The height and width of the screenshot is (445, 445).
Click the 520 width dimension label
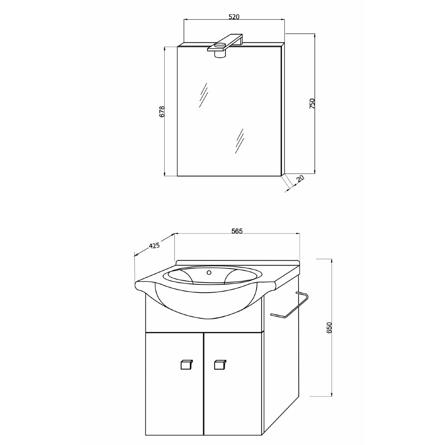pyautogui.click(x=234, y=17)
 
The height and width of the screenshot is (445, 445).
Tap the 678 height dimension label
pyautogui.click(x=162, y=112)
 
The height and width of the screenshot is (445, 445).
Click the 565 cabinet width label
pyautogui.click(x=237, y=231)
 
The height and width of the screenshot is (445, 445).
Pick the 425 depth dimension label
pyautogui.click(x=154, y=245)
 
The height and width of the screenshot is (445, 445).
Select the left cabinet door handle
pyautogui.click(x=187, y=365)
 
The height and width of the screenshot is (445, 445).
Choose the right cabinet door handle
pyautogui.click(x=220, y=365)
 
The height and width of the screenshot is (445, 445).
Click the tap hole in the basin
pyautogui.click(x=209, y=273)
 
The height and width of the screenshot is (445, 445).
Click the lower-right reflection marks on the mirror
pyautogui.click(x=239, y=141)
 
